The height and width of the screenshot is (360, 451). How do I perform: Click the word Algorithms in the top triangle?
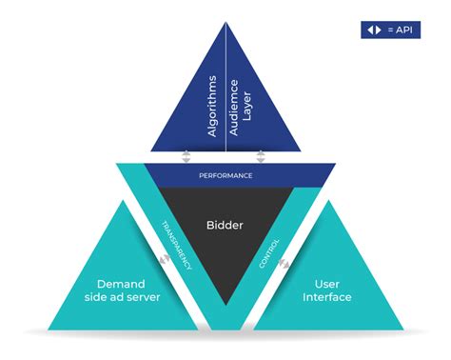(x=213, y=106)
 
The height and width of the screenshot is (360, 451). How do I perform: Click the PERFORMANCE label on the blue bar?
(x=225, y=175)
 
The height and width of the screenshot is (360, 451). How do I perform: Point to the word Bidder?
(x=225, y=226)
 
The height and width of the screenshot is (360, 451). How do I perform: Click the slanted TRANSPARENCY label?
(x=177, y=244)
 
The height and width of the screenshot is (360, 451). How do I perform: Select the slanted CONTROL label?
(x=268, y=251)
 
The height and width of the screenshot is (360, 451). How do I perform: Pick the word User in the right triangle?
(x=325, y=283)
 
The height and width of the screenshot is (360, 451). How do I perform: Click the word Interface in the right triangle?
(x=325, y=297)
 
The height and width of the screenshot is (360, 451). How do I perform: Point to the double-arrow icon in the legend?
(x=373, y=30)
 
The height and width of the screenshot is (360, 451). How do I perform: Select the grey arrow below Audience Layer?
(x=260, y=156)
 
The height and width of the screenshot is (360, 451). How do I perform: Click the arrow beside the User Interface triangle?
(x=285, y=258)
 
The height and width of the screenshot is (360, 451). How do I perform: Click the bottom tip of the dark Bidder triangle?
(x=225, y=303)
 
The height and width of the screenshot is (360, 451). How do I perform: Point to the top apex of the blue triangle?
(x=225, y=21)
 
